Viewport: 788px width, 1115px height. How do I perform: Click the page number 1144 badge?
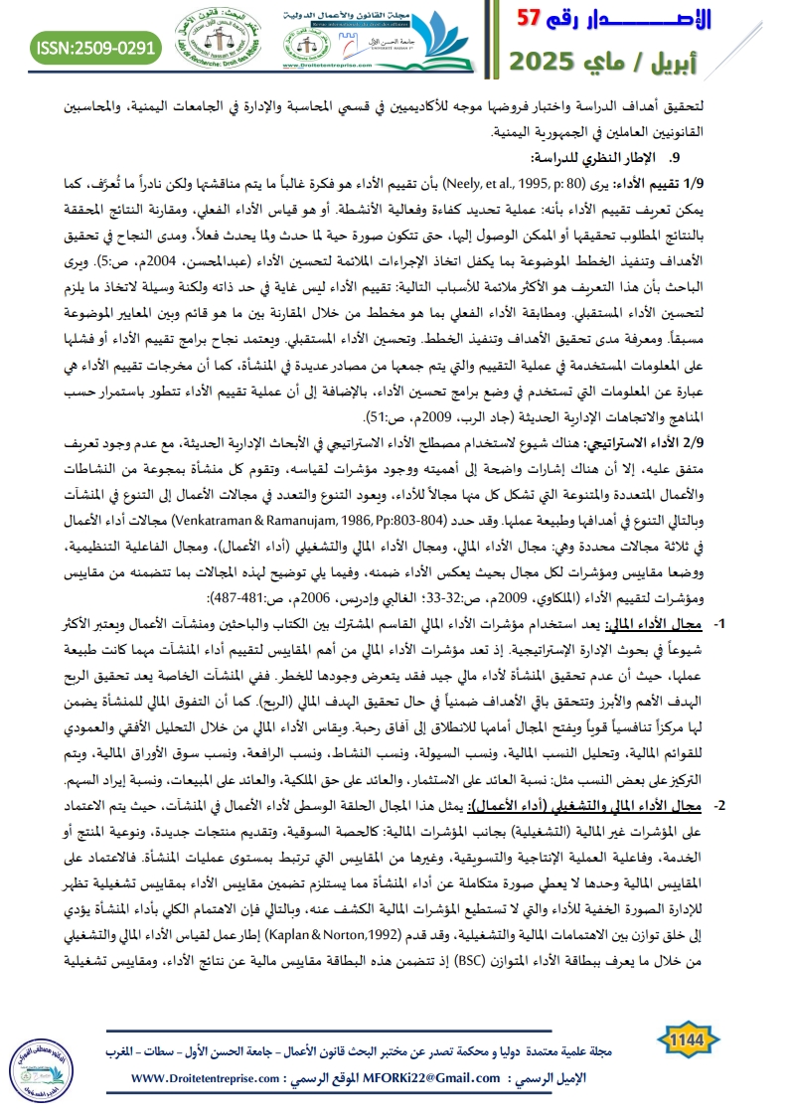pos(689,1038)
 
